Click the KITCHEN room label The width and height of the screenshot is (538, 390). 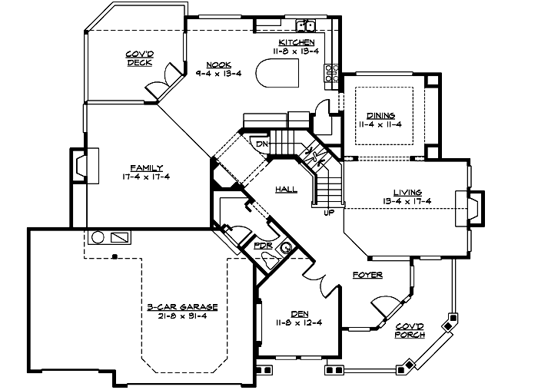coord(297,41)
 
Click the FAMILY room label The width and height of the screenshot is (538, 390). coord(145,167)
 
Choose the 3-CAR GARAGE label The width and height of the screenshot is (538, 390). coord(182,306)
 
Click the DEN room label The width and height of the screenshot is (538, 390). coord(299,312)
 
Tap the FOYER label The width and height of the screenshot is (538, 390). coord(368,274)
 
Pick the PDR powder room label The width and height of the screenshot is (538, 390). coord(264,246)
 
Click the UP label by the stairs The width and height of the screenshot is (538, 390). coord(329,213)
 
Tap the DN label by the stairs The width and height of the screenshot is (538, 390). coord(261,144)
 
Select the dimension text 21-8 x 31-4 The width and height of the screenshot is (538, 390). coord(182,316)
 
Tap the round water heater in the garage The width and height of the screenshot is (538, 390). coord(98,237)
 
